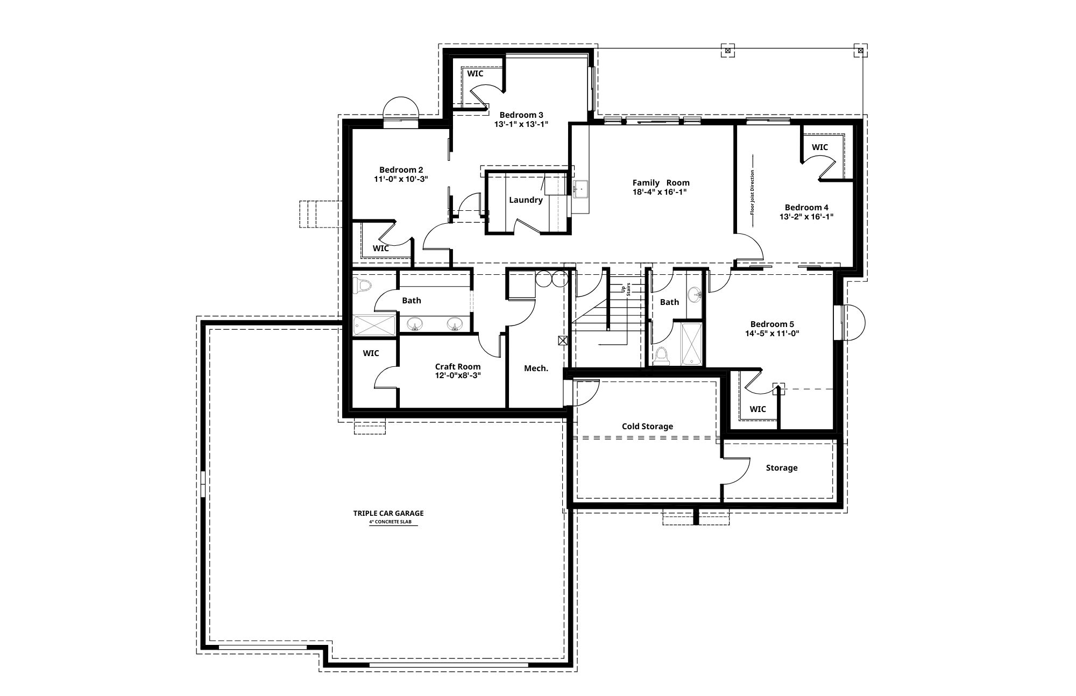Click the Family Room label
tap(661, 183)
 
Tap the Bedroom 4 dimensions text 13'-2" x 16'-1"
tap(806, 217)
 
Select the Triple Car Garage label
tap(388, 513)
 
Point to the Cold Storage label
tap(647, 427)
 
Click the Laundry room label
tap(526, 200)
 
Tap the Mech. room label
tap(536, 368)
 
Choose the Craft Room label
tap(458, 367)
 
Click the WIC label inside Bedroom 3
tap(475, 73)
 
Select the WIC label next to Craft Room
tap(371, 353)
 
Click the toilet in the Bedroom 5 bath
tap(661, 356)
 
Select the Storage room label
tap(782, 468)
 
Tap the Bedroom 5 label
tap(772, 324)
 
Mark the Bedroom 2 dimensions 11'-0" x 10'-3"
tap(401, 179)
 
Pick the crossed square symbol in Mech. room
tap(563, 340)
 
